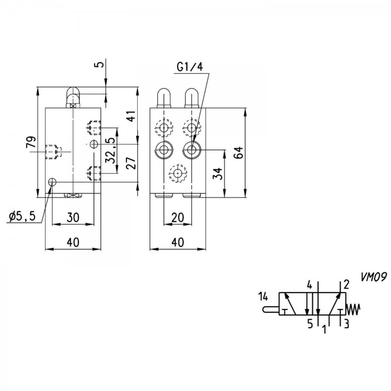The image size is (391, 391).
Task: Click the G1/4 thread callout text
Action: click(x=190, y=67)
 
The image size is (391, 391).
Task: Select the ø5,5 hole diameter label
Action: click(x=22, y=217)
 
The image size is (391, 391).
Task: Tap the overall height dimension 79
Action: click(x=31, y=142)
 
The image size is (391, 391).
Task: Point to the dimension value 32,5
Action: click(x=111, y=151)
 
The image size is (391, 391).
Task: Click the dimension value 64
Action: click(x=239, y=152)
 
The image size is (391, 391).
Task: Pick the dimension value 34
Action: click(x=217, y=174)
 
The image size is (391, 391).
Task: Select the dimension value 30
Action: click(x=73, y=217)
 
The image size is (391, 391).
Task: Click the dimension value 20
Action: click(x=178, y=217)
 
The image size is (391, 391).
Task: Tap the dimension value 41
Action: click(x=131, y=115)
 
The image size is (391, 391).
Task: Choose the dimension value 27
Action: click(x=131, y=163)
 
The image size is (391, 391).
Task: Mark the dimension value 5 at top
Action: click(x=99, y=64)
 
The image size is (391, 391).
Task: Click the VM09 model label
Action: click(x=373, y=277)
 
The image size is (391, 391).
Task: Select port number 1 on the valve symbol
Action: click(x=324, y=329)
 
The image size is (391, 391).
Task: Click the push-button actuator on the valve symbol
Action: click(x=271, y=309)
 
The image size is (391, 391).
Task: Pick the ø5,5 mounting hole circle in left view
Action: click(x=52, y=182)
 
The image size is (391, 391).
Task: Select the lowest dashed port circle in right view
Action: click(x=178, y=173)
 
